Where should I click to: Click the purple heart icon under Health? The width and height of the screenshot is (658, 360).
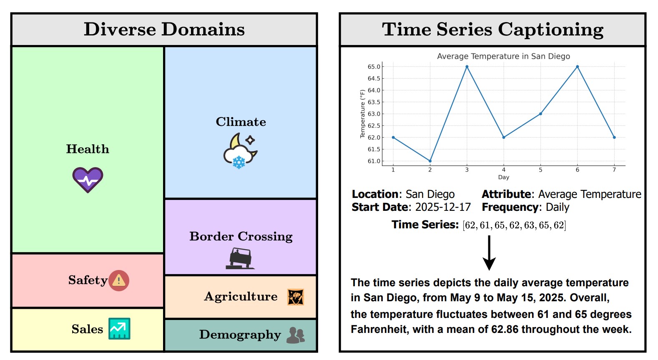tap(88, 180)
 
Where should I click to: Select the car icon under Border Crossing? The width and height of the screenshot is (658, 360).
tap(240, 258)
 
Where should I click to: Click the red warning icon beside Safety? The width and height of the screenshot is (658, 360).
tap(119, 280)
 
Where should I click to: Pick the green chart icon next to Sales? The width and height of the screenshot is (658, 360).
tap(119, 329)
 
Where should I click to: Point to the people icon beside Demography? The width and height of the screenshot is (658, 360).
tap(296, 335)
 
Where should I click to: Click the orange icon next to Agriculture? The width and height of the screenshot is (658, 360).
tap(296, 297)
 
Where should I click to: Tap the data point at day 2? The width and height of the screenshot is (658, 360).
tap(430, 161)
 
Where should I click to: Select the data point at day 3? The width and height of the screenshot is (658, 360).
tap(467, 67)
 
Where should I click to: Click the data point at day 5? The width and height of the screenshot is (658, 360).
tap(540, 114)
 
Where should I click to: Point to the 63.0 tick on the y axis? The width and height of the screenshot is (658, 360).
tap(374, 114)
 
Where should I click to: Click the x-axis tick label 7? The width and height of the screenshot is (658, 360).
tap(614, 170)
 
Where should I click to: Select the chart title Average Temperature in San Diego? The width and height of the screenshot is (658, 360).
tap(503, 56)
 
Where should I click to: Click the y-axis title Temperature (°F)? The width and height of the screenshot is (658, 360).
tap(362, 114)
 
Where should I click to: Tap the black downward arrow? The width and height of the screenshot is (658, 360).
tap(489, 252)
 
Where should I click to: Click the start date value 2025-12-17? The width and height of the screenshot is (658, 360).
tap(443, 207)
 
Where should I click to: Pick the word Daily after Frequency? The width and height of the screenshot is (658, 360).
tap(558, 207)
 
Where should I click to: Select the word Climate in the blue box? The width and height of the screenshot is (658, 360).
tap(241, 122)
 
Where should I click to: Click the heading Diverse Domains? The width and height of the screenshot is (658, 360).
tap(164, 29)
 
